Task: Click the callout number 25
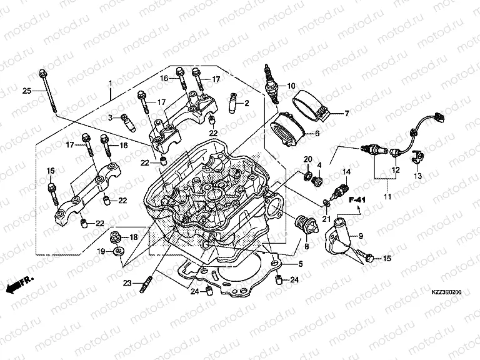(26, 91)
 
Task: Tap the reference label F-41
(356, 200)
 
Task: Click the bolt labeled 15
(369, 257)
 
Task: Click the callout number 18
(134, 237)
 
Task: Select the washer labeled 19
(117, 252)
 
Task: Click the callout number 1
(110, 83)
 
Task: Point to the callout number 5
(300, 264)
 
